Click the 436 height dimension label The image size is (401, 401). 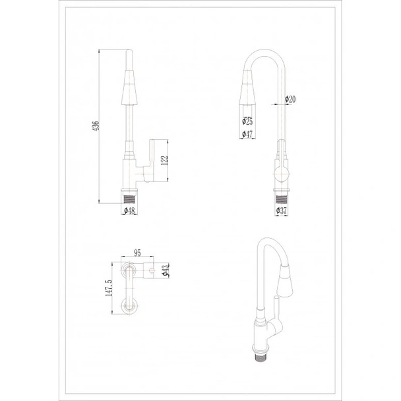96,126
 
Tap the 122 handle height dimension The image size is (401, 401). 164,160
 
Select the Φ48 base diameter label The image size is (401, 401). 129,211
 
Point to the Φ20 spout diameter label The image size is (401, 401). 290,99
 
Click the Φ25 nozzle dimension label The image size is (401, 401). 247,121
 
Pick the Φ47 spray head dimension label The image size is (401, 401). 247,134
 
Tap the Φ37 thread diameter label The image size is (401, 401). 282,211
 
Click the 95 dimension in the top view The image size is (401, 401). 137,253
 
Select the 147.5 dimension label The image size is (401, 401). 109,288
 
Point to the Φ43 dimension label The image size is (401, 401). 166,270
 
